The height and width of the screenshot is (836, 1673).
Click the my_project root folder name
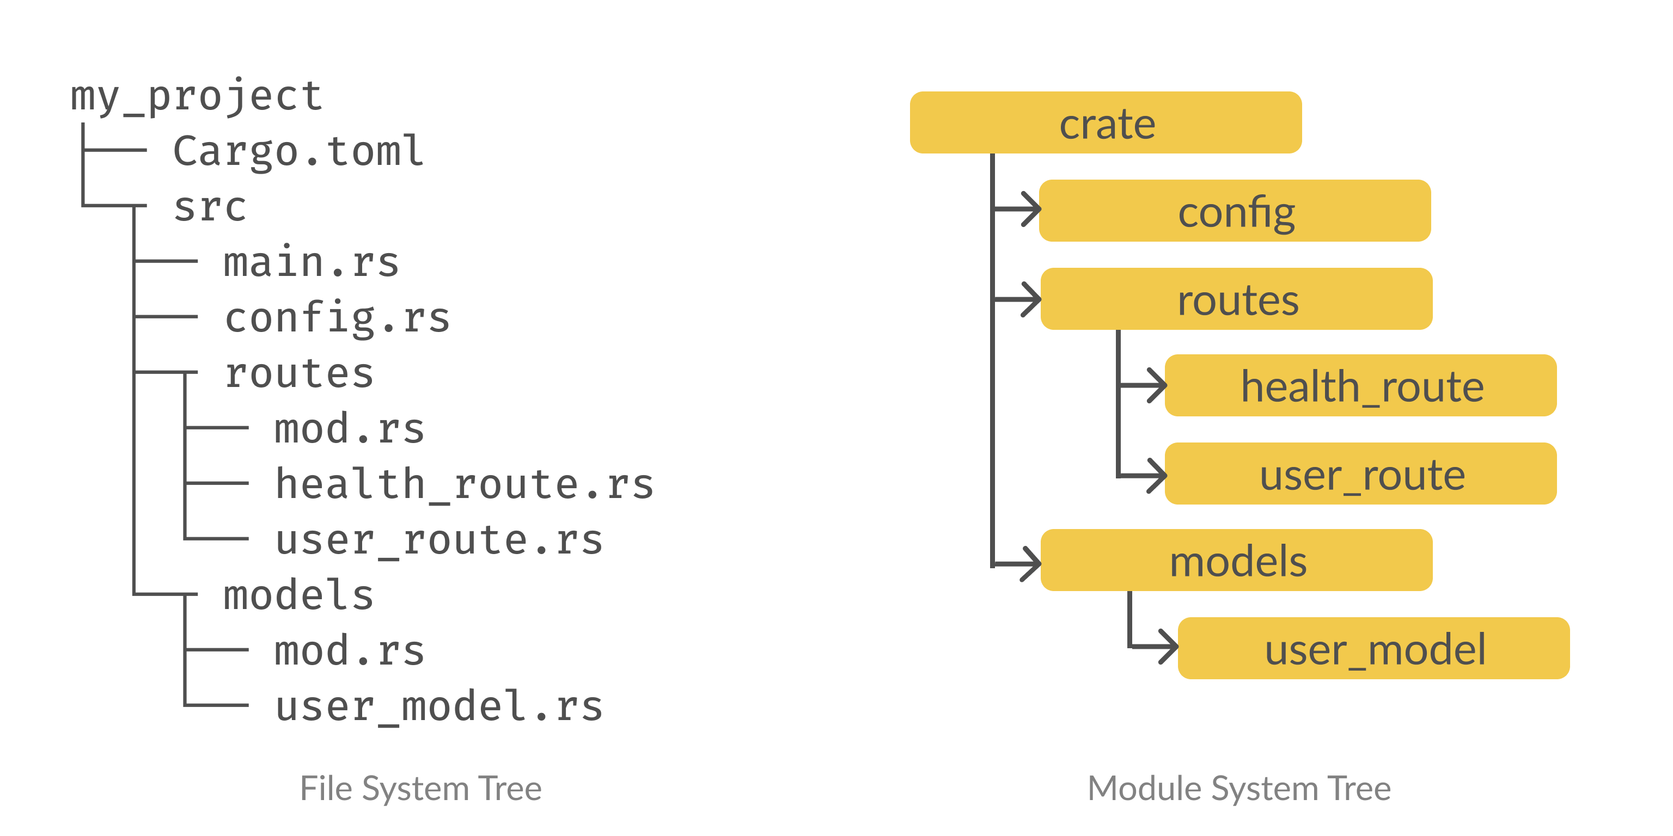coord(196,96)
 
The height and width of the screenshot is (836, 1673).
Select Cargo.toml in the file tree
coord(298,151)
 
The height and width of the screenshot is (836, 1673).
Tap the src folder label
coord(210,207)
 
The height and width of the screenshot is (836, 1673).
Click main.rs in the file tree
coord(311,262)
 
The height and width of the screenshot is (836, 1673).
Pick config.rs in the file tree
coord(337,318)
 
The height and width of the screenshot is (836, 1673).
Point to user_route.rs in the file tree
coord(439,540)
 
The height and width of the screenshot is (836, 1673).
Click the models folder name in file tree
coord(298,595)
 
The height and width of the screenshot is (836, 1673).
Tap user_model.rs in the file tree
coord(439,706)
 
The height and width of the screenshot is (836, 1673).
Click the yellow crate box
coord(1106,122)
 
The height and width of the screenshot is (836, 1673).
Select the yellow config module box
coord(1235,211)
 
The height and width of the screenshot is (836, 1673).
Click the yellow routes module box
coord(1236,299)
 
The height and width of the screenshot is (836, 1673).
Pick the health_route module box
coord(1360,385)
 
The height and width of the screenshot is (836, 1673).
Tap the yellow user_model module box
coord(1373,648)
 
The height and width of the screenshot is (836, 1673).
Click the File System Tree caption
coord(420,789)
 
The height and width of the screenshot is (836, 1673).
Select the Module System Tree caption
coord(1238,789)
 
